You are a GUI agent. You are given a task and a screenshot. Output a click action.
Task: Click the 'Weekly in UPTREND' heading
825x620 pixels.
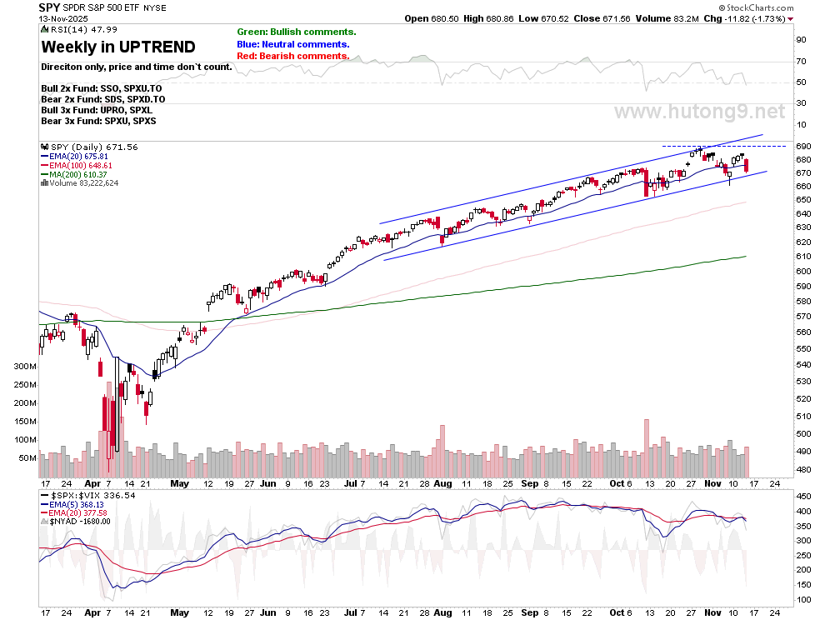[118, 47]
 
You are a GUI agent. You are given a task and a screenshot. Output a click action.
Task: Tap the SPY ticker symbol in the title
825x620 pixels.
[48, 7]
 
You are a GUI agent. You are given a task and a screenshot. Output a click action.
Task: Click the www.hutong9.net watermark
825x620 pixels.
[700, 112]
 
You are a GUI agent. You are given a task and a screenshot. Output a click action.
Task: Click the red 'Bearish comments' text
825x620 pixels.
[292, 56]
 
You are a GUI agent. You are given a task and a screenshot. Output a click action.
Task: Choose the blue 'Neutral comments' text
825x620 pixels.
[292, 44]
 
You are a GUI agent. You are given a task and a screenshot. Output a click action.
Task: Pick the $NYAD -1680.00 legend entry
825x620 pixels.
[82, 522]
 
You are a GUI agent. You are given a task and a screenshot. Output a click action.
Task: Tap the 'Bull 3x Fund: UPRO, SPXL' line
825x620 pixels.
[97, 110]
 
